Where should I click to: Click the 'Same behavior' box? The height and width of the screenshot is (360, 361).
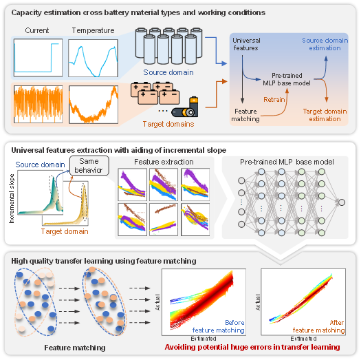coord(89,165)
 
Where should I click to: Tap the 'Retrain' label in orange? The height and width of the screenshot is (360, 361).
coord(274,100)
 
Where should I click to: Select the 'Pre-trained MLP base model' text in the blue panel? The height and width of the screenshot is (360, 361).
coord(287,79)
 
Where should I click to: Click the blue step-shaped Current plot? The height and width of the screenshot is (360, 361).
coord(38,58)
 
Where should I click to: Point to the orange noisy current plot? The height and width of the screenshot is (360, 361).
coord(38,105)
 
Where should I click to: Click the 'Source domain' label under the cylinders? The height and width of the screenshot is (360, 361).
coord(168,72)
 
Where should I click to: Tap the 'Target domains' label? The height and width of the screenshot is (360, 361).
coord(168,124)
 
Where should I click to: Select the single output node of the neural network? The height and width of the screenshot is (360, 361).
coord(342,202)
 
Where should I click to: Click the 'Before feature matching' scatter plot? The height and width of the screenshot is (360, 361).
coord(204,302)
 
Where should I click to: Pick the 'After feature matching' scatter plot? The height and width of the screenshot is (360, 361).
coord(303,302)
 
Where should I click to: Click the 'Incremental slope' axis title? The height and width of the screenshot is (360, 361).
coord(12,198)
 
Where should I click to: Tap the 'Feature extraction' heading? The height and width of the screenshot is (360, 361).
coord(164,162)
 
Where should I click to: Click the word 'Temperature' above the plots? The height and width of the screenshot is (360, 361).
coord(93,30)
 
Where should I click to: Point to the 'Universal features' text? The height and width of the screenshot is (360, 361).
coord(246,44)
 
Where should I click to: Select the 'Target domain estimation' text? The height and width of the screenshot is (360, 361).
coord(325,115)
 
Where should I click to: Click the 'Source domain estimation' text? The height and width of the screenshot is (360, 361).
coord(325,44)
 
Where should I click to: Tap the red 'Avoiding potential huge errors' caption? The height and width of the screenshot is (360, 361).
coord(252,347)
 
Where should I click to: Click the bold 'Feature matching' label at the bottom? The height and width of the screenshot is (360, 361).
coord(75,348)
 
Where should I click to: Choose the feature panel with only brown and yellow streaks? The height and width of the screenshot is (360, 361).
coord(164,220)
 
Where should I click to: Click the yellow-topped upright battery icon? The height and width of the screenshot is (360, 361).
coord(194,107)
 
